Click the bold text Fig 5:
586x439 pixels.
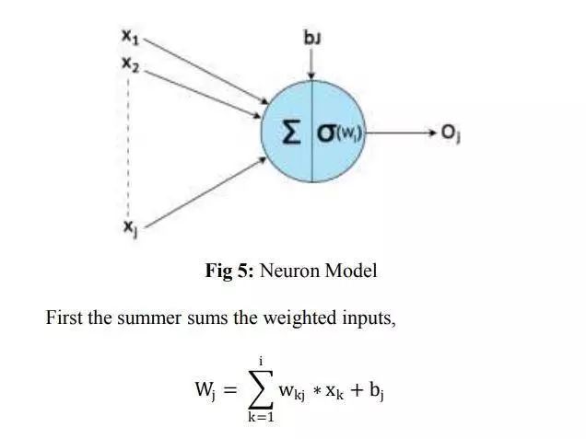pos(230,271)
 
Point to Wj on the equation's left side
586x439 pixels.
pos(205,390)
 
